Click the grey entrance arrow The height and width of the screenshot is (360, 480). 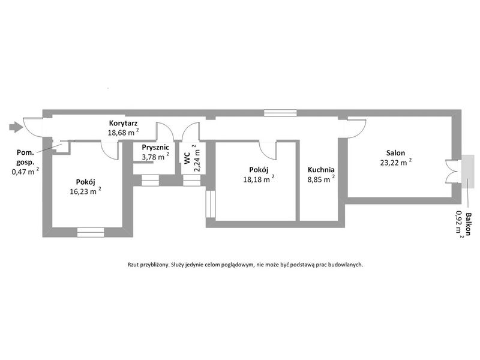[16, 127]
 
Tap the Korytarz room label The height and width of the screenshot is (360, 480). [124, 124]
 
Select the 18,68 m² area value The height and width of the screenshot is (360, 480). [124, 132]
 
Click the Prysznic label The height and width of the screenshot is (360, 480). [155, 148]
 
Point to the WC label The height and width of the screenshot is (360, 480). [187, 158]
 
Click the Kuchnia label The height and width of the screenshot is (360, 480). [321, 170]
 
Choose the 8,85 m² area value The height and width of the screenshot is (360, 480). [321, 179]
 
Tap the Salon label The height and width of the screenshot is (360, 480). [395, 153]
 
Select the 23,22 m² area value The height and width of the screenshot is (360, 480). [396, 162]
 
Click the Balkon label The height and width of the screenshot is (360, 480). [468, 224]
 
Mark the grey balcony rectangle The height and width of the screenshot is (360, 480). [469, 171]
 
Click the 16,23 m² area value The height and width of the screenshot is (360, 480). [85, 191]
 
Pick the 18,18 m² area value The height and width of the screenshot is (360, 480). [259, 179]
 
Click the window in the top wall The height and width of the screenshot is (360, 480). [280, 113]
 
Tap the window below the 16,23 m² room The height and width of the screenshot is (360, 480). [91, 232]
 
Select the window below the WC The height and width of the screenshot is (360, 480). [191, 181]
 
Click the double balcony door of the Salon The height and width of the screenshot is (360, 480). [453, 171]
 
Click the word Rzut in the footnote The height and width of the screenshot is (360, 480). [133, 265]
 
